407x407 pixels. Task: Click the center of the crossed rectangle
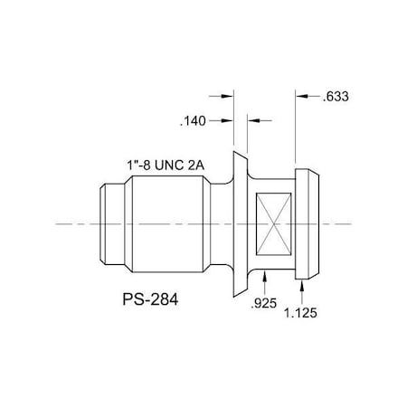click(275, 222)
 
